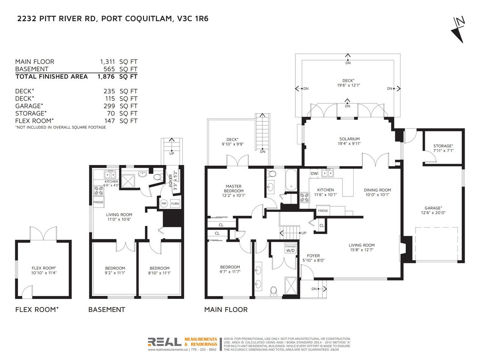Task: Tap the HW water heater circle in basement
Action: (x=164, y=203)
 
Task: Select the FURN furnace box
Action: (x=175, y=204)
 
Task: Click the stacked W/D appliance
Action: (x=290, y=249)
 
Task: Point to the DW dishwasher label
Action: (x=314, y=174)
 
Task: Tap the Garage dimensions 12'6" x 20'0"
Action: (x=433, y=213)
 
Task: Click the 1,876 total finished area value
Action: (x=106, y=76)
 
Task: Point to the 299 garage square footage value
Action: (x=109, y=106)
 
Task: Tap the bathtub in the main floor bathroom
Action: (x=291, y=180)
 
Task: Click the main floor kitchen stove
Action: (x=304, y=198)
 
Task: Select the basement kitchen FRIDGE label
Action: (x=98, y=202)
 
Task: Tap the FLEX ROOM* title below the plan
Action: (x=37, y=309)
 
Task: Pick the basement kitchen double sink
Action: (x=110, y=175)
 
